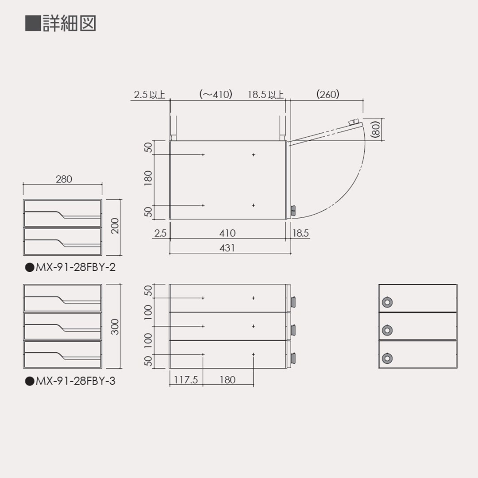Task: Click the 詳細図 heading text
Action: click(x=69, y=23)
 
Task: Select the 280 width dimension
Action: click(x=64, y=179)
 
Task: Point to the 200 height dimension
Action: click(x=115, y=226)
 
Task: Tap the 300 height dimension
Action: click(x=115, y=327)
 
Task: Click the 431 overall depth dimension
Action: click(x=227, y=248)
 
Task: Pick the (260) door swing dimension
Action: click(x=328, y=94)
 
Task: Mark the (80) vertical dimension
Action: click(x=377, y=129)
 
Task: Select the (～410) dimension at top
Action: click(x=216, y=94)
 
